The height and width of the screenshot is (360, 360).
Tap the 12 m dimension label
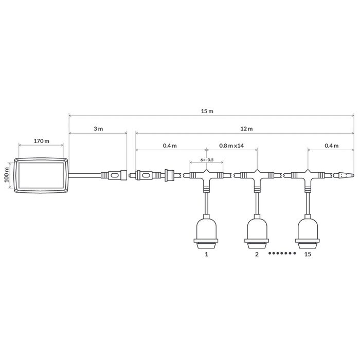pos(246,128)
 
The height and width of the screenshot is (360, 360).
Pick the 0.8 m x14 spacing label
pos(231,146)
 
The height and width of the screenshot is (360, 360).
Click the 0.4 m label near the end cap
pos(332,146)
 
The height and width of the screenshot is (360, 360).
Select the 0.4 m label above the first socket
pos(170,146)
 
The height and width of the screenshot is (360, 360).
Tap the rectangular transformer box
pos(41,176)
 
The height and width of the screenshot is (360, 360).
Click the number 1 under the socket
pos(206,254)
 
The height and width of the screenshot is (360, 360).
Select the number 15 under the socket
pos(308,254)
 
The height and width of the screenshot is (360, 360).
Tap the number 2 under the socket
pos(257,254)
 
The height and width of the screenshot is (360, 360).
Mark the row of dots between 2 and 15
pos(282,254)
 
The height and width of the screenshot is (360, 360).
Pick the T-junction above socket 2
pos(257,176)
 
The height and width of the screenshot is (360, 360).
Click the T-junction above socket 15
pos(308,176)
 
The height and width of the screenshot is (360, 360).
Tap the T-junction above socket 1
pos(206,176)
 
